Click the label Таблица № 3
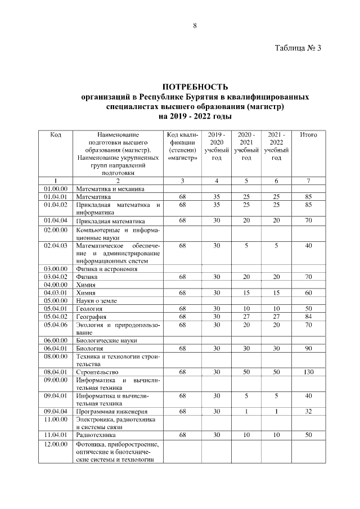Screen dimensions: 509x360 298,48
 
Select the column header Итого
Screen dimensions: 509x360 308,135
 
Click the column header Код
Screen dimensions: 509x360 56,135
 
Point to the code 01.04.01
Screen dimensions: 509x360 56,197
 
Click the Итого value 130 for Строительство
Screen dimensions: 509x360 308,372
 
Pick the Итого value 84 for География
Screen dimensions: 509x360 308,317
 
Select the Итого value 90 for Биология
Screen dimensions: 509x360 308,349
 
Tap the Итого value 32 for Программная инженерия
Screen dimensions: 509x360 308,411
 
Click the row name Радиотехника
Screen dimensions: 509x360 96,435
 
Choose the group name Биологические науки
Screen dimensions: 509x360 106,341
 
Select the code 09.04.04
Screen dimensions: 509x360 56,411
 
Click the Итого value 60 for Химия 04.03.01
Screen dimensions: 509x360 308,293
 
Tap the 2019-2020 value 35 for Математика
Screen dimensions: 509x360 216,197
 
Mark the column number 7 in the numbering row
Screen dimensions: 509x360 308,181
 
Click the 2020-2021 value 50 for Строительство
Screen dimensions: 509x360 246,372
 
